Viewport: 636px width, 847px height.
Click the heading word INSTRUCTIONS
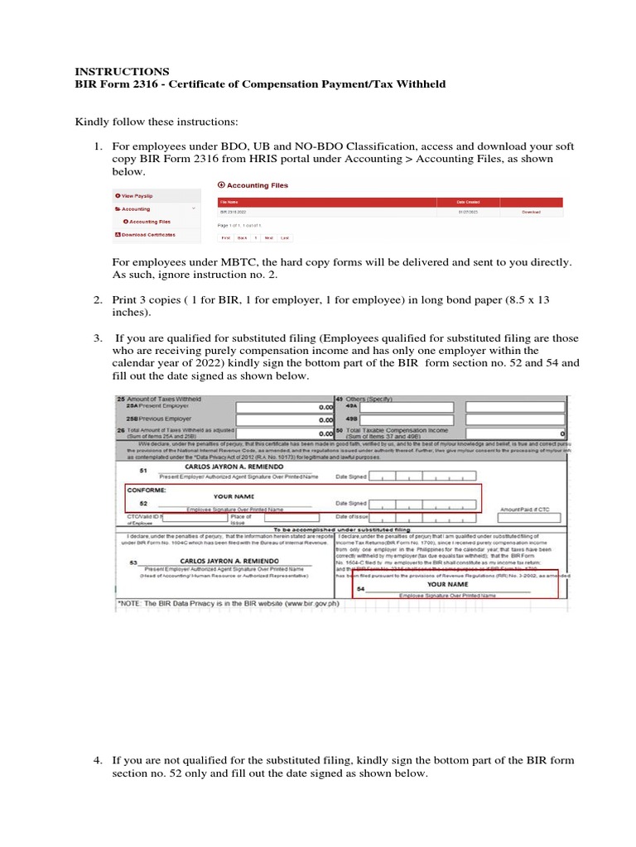[123, 71]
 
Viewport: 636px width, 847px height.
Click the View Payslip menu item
[137, 196]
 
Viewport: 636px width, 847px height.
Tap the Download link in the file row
[530, 213]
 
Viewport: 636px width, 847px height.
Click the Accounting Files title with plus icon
[253, 185]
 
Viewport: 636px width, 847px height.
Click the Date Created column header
[469, 201]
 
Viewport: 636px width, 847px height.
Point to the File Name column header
[229, 201]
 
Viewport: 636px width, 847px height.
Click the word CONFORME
[147, 488]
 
